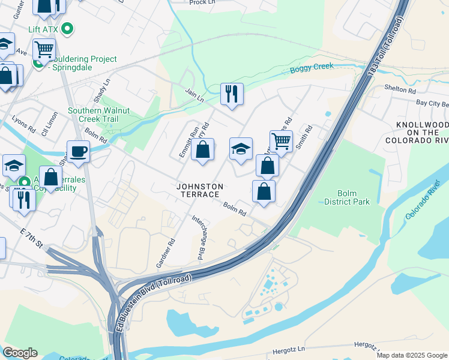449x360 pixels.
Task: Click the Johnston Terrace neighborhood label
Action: point(201,191)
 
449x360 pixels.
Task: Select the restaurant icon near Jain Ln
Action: point(232,94)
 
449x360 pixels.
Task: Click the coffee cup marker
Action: point(78,151)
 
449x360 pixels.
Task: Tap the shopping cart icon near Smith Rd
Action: point(281,142)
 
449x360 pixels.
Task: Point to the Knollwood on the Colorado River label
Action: point(421,133)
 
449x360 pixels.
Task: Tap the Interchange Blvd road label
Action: point(197,238)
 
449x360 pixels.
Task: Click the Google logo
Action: point(20,353)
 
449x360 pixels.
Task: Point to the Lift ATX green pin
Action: point(68,28)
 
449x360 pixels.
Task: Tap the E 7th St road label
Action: point(31,239)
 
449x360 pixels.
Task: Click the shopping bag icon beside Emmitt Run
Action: point(203,149)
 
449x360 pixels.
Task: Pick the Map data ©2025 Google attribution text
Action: point(411,355)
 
